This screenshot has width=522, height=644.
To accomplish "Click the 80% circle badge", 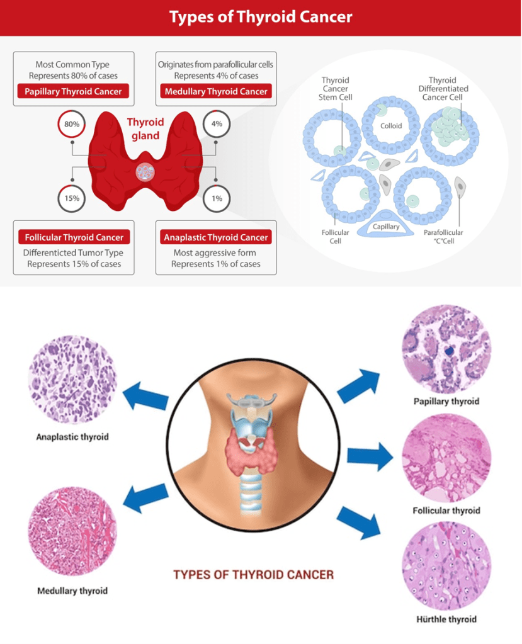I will [x=71, y=124].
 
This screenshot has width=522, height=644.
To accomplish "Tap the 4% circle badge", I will [x=217, y=124].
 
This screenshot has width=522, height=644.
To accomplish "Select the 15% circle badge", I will [x=71, y=198].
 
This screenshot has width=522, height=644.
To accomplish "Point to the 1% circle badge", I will [x=217, y=198].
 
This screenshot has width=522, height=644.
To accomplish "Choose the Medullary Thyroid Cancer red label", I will [x=216, y=91].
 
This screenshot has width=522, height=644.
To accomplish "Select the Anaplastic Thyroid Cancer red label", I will [x=216, y=237].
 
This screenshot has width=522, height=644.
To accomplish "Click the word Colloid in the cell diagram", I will [x=391, y=126].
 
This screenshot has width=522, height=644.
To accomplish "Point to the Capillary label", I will [x=386, y=227].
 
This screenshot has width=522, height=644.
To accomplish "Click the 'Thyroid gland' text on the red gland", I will [x=145, y=128].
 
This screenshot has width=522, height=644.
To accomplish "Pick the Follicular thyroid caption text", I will [x=446, y=510].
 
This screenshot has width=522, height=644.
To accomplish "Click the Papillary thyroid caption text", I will [x=446, y=401].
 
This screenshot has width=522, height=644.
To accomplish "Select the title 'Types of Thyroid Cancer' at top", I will [x=261, y=17].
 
